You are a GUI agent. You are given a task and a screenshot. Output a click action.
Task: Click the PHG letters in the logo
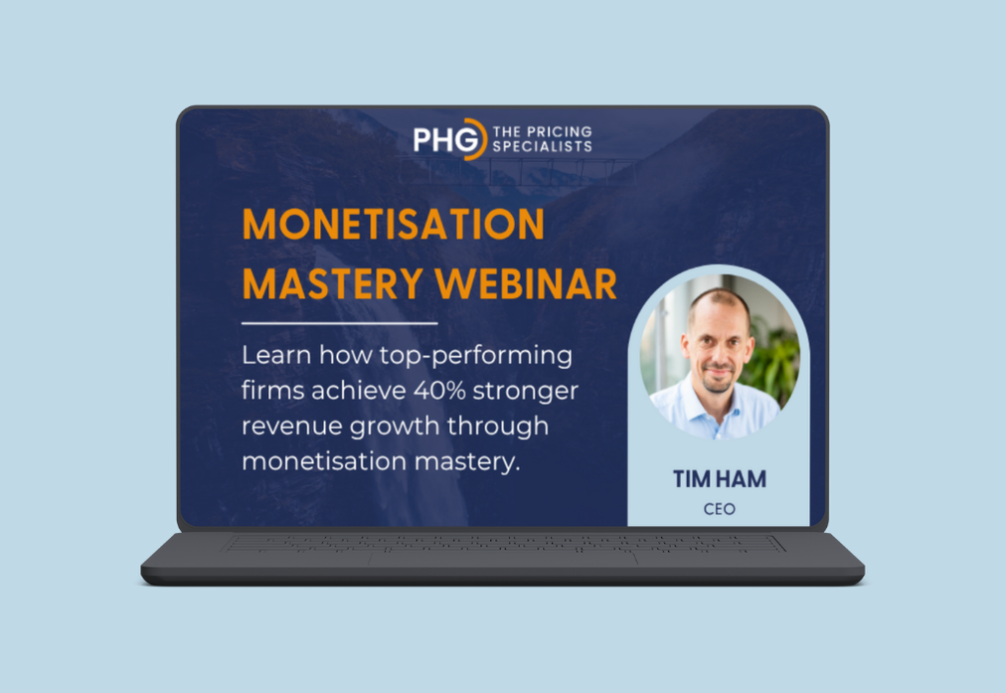coord(447,139)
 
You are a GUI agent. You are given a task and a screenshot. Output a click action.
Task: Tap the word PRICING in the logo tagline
coord(558,132)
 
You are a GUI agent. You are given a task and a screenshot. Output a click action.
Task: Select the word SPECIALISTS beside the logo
coord(542,146)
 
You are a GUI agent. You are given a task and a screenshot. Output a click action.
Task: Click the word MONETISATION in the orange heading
coord(393,224)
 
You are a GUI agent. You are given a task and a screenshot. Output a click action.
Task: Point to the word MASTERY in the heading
coord(332,284)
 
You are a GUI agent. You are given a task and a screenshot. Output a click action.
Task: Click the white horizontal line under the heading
coord(339,324)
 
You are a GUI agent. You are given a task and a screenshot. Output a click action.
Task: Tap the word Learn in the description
coord(276,355)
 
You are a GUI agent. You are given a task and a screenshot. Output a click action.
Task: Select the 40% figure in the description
coord(439,391)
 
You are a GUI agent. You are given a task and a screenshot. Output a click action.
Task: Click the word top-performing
coord(475,356)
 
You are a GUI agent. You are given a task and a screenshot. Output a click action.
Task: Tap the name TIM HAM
coord(719,479)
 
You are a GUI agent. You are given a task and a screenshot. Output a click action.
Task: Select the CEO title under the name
coord(719,509)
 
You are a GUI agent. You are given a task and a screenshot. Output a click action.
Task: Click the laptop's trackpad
coord(503,560)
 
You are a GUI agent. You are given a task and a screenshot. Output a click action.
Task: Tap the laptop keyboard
coord(503,544)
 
